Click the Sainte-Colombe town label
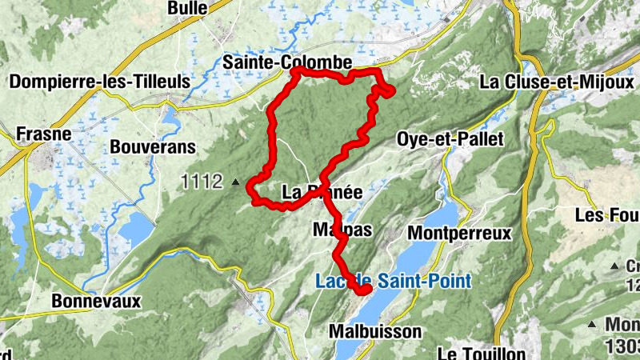tap(288, 62)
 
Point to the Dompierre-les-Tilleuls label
tap(99, 82)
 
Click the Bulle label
tap(187, 8)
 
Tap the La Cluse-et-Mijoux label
tap(557, 82)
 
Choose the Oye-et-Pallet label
tap(450, 139)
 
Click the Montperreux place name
tap(459, 233)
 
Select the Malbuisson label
tap(375, 330)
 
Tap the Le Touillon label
tap(481, 353)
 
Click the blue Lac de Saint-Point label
tap(393, 281)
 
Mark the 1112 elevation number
tap(201, 182)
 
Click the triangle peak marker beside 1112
tap(235, 183)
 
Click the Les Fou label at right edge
tap(607, 215)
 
